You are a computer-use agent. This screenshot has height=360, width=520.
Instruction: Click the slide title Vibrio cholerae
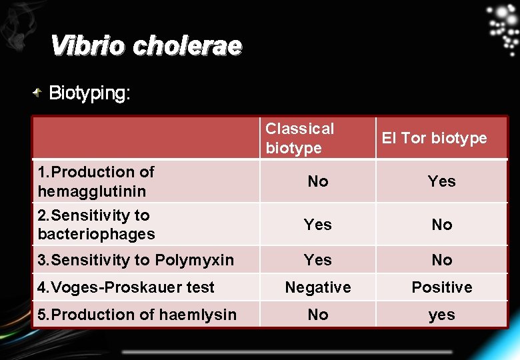pos(146,46)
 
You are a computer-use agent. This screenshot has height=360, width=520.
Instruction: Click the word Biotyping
pos(89,93)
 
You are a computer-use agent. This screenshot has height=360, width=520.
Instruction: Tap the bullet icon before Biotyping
pos(39,93)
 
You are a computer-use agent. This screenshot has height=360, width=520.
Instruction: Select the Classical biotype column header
pos(300,138)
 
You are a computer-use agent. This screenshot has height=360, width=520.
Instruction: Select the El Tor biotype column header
pos(434,138)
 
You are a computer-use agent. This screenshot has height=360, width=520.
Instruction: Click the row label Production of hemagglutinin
pos(96,181)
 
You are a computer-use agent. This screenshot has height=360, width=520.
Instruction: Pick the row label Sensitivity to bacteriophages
pos(96,225)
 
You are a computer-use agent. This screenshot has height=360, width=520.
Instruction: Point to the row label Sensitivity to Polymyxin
pos(135,260)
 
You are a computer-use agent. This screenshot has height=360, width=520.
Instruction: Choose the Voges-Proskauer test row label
pos(126,287)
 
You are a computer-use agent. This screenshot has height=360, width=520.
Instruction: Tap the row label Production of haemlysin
pos(137,315)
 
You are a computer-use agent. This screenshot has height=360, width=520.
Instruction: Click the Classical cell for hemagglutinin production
pos(318,181)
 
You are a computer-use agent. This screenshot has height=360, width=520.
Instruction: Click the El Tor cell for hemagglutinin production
pos(441,181)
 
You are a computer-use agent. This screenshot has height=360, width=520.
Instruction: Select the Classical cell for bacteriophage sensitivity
pos(318,225)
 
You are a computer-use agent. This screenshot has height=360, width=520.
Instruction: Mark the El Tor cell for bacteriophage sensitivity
pos(441,225)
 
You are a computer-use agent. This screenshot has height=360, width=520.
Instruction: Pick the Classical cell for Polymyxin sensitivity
pos(318,260)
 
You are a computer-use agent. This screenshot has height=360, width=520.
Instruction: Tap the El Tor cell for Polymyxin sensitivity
pos(441,260)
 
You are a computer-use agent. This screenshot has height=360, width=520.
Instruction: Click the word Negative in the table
pos(318,287)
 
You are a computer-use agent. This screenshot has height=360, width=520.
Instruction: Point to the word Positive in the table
pos(441,287)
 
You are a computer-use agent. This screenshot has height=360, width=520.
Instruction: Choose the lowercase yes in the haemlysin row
pos(441,315)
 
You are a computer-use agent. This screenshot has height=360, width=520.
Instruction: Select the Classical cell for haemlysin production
pos(318,315)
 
